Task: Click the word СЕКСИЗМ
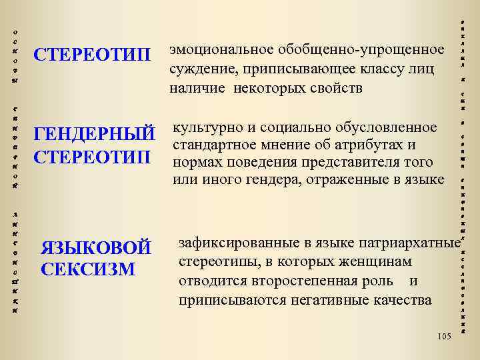pos(87,269)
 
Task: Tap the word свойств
pos(332,88)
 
